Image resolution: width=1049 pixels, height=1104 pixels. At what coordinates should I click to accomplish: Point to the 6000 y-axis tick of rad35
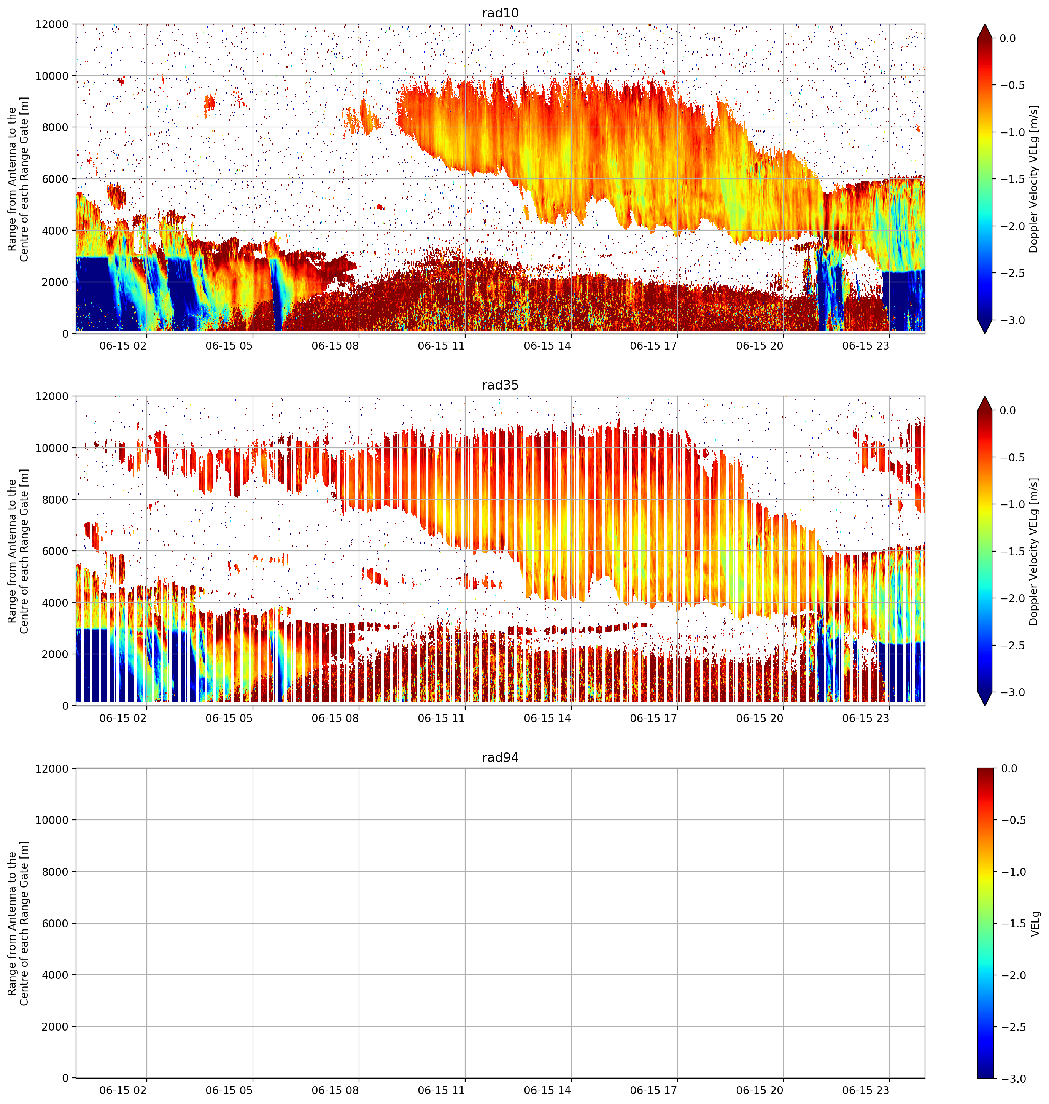click(56, 551)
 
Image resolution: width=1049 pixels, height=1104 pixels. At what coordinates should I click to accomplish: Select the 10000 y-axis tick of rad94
click(52, 820)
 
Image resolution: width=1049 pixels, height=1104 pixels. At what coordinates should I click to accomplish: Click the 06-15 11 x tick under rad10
click(441, 346)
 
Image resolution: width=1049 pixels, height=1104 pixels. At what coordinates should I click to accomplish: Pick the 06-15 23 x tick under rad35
click(866, 718)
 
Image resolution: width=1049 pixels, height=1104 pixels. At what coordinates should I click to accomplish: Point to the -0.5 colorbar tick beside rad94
click(1014, 821)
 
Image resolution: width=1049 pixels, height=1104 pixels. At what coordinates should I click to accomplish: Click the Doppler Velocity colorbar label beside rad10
click(1034, 179)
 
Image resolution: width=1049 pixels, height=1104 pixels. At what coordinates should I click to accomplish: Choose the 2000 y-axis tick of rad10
click(56, 282)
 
